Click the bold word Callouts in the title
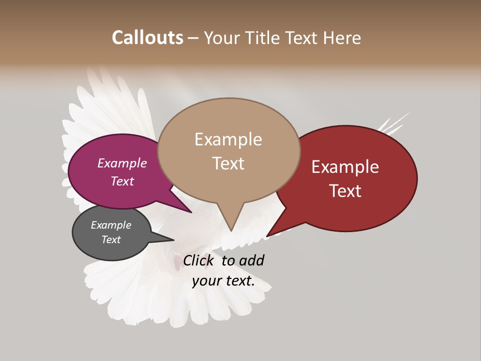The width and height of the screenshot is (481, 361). pos(147,38)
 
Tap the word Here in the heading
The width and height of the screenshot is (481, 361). pos(342,38)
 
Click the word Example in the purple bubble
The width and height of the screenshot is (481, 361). pos(122,163)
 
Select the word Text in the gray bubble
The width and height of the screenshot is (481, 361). pos(111,240)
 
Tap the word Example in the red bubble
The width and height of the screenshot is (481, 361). pos(345,167)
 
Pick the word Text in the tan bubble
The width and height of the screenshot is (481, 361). pos(228,163)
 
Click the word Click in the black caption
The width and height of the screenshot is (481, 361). pos(198,260)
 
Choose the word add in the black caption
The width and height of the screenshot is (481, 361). pos(252,260)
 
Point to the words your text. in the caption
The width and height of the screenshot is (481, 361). pos(223,281)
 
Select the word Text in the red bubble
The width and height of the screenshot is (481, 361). pos(346,191)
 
